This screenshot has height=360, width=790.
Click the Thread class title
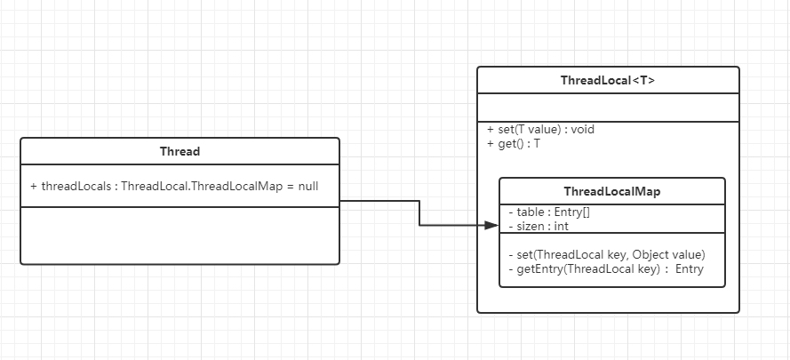(180, 151)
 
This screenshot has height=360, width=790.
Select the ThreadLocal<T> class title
(608, 80)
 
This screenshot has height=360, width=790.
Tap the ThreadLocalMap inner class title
(611, 191)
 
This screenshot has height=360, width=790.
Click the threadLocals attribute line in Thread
(174, 187)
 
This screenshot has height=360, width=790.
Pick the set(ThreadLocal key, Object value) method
(606, 254)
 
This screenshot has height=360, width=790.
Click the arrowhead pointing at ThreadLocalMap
(492, 226)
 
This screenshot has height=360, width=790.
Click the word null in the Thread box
(307, 187)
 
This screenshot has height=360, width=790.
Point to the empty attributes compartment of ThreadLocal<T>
(608, 108)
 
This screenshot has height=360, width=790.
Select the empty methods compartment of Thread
(180, 235)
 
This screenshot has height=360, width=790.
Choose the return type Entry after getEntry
(689, 268)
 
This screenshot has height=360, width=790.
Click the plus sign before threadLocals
(34, 187)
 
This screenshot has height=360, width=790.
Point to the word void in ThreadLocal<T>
(583, 129)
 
